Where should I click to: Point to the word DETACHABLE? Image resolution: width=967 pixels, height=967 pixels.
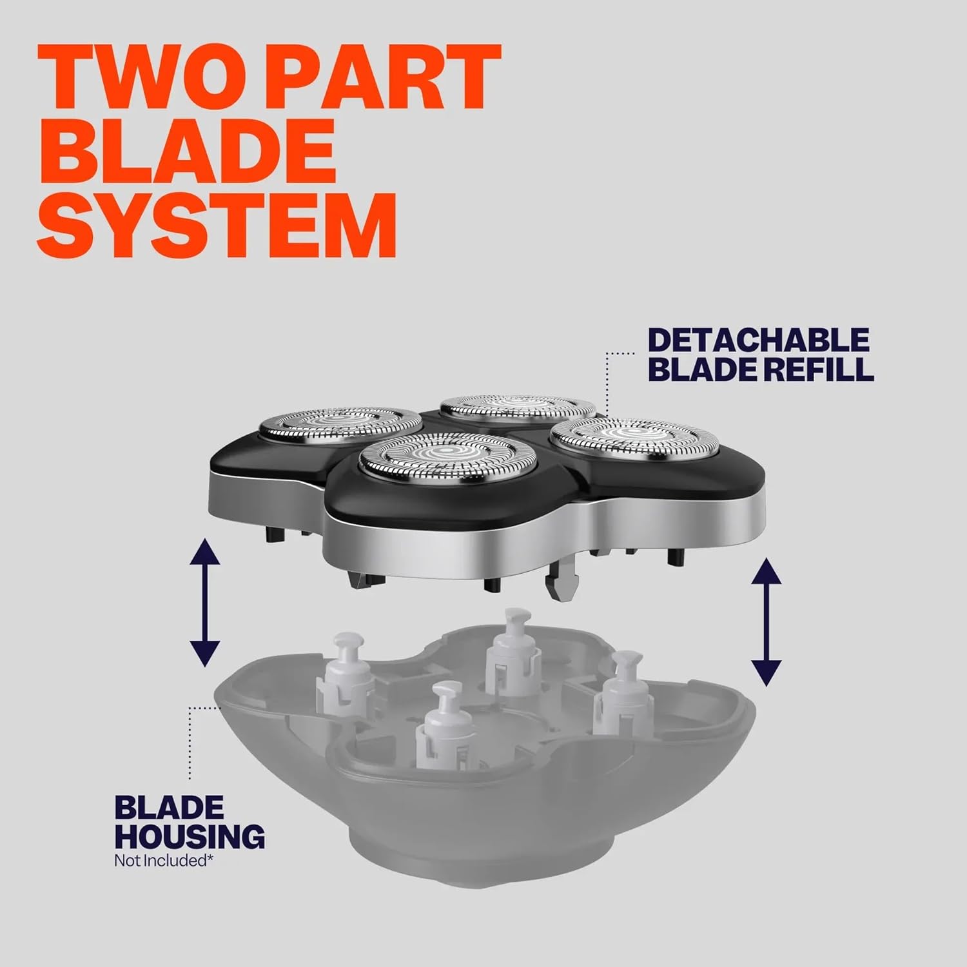(759, 340)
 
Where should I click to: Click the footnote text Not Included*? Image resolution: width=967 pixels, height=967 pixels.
(164, 860)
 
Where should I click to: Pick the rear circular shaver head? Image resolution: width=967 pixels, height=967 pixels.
(518, 407)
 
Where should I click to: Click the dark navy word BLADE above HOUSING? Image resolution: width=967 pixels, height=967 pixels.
(169, 806)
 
